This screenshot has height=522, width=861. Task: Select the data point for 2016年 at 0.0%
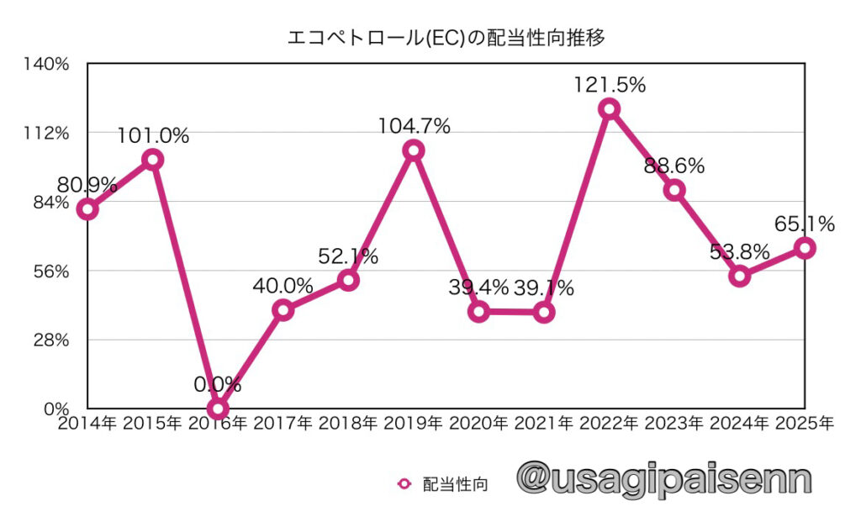click(x=218, y=409)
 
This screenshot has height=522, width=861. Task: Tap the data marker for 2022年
click(x=610, y=108)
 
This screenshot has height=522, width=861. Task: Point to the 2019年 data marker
click(x=413, y=150)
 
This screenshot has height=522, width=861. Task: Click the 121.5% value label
click(x=610, y=85)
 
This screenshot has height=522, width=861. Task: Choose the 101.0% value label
click(x=153, y=135)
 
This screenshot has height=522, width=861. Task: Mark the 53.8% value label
click(x=739, y=251)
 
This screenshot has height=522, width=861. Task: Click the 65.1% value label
click(x=805, y=224)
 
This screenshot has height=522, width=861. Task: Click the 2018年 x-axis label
click(x=348, y=424)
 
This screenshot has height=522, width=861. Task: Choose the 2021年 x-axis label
click(x=544, y=424)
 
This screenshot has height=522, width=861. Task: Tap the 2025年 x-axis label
click(x=805, y=424)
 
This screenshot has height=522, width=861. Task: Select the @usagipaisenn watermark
click(x=665, y=478)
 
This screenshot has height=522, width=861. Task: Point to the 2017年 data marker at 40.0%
click(x=283, y=310)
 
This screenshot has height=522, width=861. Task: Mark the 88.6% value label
click(x=674, y=166)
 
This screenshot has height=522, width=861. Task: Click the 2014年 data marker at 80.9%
click(x=87, y=209)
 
